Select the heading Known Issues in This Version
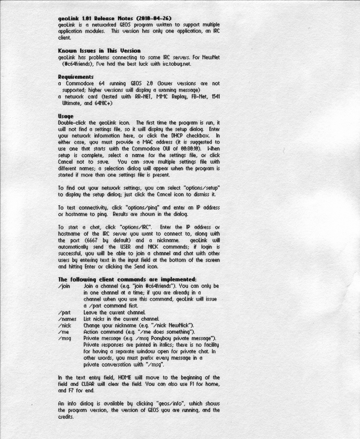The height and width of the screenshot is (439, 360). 99,51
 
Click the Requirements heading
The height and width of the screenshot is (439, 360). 76,77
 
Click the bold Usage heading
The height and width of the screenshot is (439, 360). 66,116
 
